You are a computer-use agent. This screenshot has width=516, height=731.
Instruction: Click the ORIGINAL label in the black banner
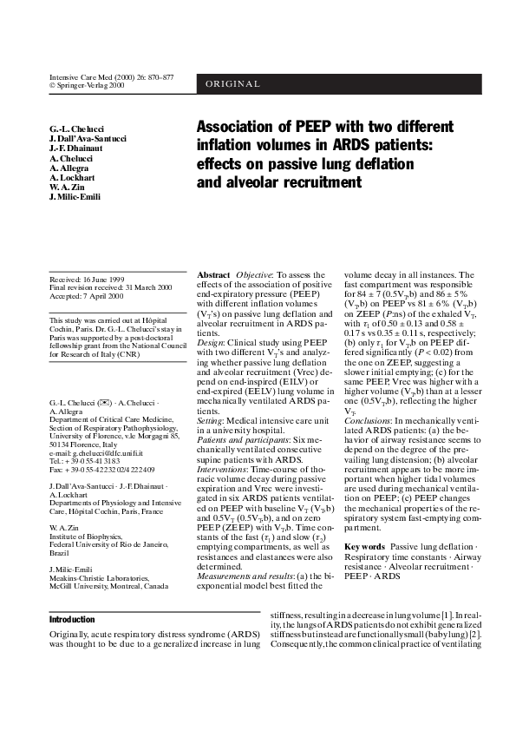tap(233, 84)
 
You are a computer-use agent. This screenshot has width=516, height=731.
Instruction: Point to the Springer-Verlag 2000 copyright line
tap(90, 86)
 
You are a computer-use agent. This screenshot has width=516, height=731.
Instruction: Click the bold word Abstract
tap(213, 274)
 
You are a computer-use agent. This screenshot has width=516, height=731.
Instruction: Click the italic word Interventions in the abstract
tap(224, 464)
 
